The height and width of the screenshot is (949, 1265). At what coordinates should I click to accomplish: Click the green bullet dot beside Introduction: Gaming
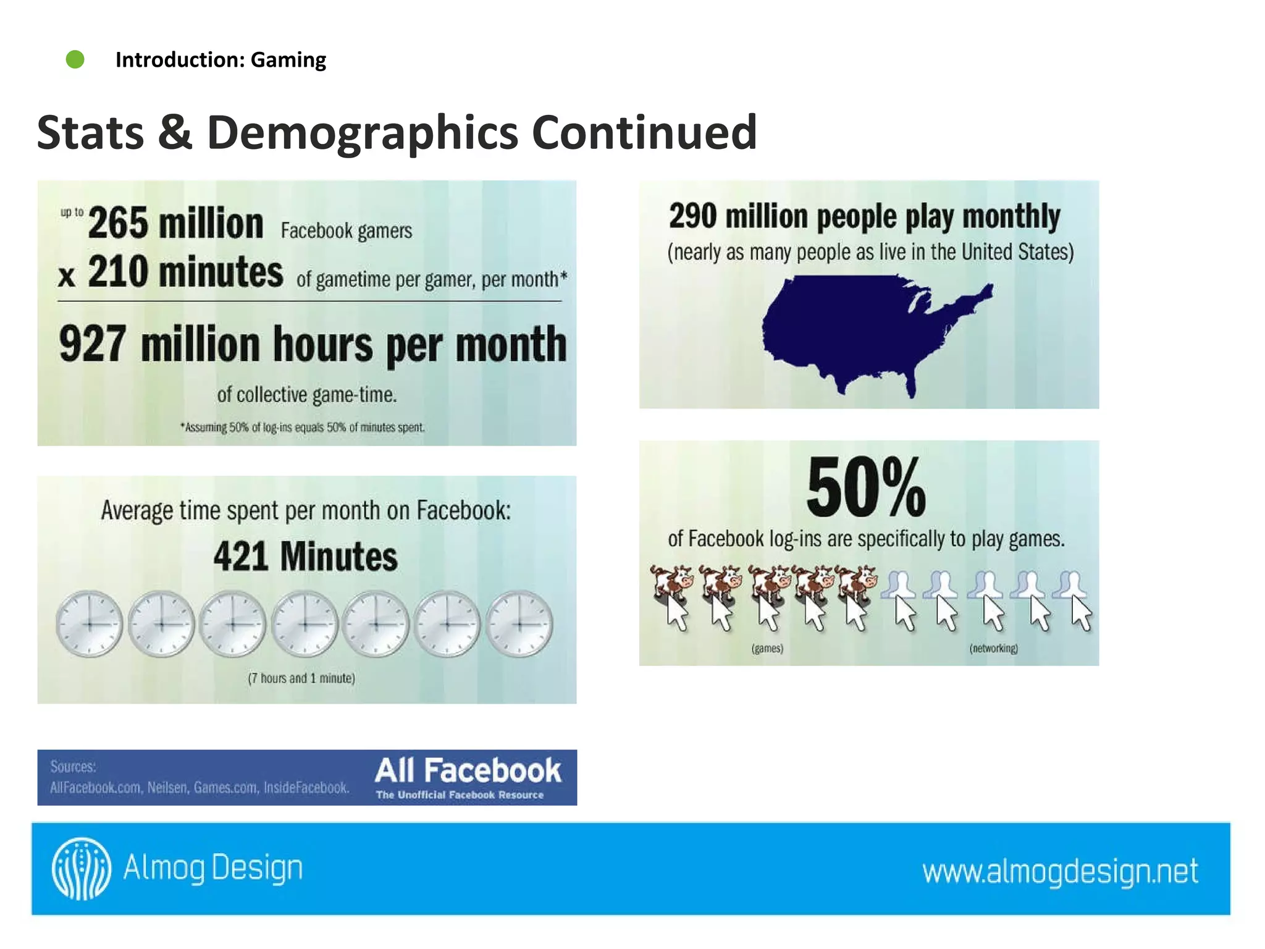click(x=75, y=59)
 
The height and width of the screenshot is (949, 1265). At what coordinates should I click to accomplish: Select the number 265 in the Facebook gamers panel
click(x=118, y=223)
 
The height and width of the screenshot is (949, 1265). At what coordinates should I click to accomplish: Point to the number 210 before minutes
click(x=117, y=272)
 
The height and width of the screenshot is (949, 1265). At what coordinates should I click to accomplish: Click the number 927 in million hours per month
click(x=93, y=344)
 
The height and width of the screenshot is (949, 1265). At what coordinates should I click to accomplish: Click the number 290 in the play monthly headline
click(x=692, y=216)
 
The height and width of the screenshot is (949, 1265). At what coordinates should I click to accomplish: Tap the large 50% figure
click(x=866, y=487)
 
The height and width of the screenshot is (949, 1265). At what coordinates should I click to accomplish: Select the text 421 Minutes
click(x=306, y=556)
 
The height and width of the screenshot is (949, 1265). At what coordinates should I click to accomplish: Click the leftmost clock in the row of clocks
click(x=90, y=623)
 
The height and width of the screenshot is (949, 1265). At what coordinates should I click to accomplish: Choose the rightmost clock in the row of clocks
click(x=519, y=623)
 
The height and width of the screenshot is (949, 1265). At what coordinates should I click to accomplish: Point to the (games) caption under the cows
click(x=767, y=648)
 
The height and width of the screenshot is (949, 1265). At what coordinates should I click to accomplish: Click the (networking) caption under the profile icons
click(x=993, y=648)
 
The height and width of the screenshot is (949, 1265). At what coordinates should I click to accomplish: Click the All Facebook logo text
click(x=468, y=771)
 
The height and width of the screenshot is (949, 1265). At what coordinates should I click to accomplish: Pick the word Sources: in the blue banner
click(x=73, y=767)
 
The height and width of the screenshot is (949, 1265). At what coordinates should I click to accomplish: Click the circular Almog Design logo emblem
click(x=82, y=868)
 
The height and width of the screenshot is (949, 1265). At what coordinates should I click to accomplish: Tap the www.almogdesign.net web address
click(x=1060, y=871)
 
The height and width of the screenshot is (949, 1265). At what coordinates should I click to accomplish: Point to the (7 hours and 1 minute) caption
click(x=301, y=678)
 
